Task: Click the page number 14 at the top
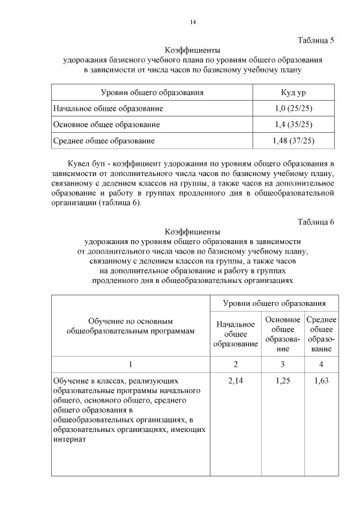[x=192, y=22]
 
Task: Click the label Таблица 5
[x=316, y=40]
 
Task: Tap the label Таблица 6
[x=316, y=222]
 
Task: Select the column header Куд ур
[x=293, y=92]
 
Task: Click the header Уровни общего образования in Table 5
[x=152, y=92]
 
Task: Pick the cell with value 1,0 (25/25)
[x=292, y=108]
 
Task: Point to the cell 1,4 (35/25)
[x=292, y=124]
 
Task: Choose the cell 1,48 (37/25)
[x=292, y=141]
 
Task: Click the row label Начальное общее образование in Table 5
[x=107, y=108]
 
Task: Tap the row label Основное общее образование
[x=106, y=124]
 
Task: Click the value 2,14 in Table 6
[x=236, y=381]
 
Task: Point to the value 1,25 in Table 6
[x=282, y=381]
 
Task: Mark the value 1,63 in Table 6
[x=321, y=381]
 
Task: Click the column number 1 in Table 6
[x=130, y=364]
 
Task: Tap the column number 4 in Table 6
[x=321, y=364]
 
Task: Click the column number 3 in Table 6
[x=282, y=364]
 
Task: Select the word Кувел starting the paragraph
[x=79, y=163]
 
